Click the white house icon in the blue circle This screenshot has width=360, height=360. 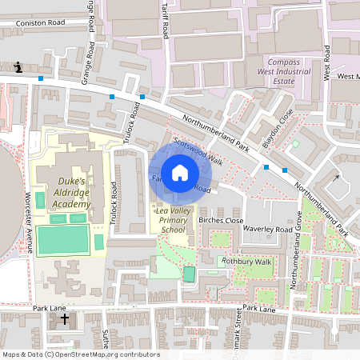(180, 173)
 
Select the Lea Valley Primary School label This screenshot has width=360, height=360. (174, 219)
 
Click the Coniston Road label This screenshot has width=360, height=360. (39, 23)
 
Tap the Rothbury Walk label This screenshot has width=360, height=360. (247, 261)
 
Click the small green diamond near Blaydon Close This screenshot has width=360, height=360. (295, 144)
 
